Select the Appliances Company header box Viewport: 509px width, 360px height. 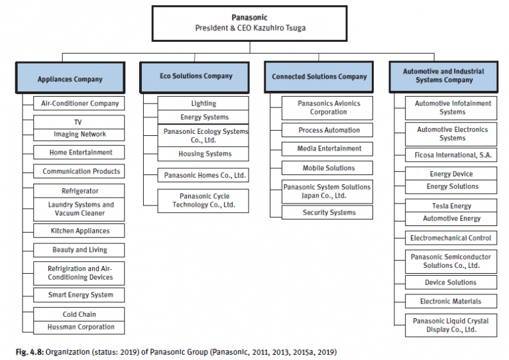70,79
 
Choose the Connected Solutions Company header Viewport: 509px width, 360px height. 319,77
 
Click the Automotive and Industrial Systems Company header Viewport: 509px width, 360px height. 443,76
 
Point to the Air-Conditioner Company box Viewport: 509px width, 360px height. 80,103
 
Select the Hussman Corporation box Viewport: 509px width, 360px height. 80,327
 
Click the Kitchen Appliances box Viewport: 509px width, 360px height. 80,231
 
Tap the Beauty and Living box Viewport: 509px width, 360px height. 80,250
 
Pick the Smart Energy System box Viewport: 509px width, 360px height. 80,295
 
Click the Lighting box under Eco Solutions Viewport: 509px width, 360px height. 203,103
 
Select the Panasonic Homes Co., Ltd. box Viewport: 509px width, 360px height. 203,176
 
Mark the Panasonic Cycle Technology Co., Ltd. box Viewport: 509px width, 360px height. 203,200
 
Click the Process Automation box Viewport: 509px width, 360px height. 328,131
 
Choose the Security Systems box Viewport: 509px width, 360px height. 328,213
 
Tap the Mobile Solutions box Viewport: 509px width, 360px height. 328,168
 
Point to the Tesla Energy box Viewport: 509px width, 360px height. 451,206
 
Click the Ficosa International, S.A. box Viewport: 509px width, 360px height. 451,156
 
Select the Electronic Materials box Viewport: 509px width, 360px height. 451,302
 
